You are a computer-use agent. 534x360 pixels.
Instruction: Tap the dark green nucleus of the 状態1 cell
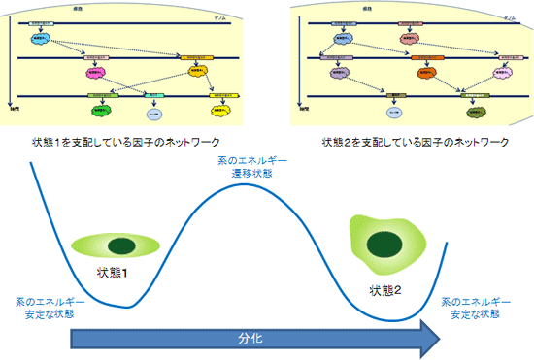click(122, 245)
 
